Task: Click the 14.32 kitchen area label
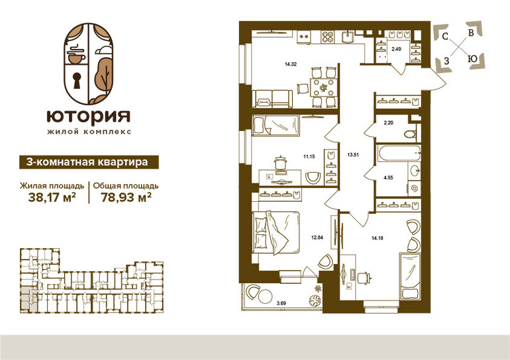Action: tap(291, 64)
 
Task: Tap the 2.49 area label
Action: tap(396, 49)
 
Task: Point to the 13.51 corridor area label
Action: tap(353, 155)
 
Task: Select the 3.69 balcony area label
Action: tap(281, 304)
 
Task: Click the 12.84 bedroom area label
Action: tap(317, 237)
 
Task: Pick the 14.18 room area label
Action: tap(378, 238)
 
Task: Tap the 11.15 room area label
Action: tap(309, 156)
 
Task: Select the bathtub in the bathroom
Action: tap(399, 153)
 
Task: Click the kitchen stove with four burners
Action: tap(328, 36)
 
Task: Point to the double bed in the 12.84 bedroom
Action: tap(276, 232)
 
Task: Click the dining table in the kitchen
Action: tap(323, 87)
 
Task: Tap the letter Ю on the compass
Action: tap(472, 59)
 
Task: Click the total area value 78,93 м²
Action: tap(126, 197)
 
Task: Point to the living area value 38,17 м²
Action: tap(52, 197)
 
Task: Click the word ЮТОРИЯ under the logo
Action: tap(89, 116)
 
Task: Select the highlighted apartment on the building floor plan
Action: tap(25, 298)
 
